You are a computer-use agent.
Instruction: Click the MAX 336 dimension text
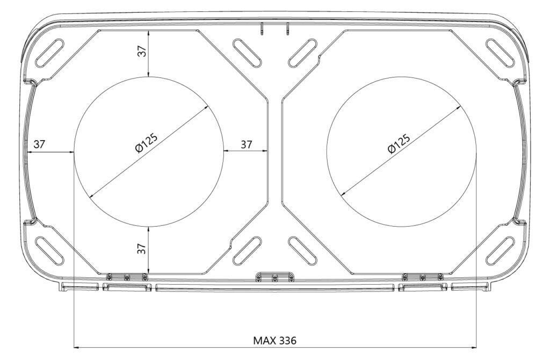coord(274,340)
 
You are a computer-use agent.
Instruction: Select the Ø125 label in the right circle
coord(399,143)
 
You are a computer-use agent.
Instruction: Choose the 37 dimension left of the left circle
coord(39,144)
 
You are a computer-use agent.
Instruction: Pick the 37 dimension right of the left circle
coord(246,144)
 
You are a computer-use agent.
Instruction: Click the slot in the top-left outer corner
coord(50,53)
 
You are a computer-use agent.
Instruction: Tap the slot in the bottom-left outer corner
coord(50,250)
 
